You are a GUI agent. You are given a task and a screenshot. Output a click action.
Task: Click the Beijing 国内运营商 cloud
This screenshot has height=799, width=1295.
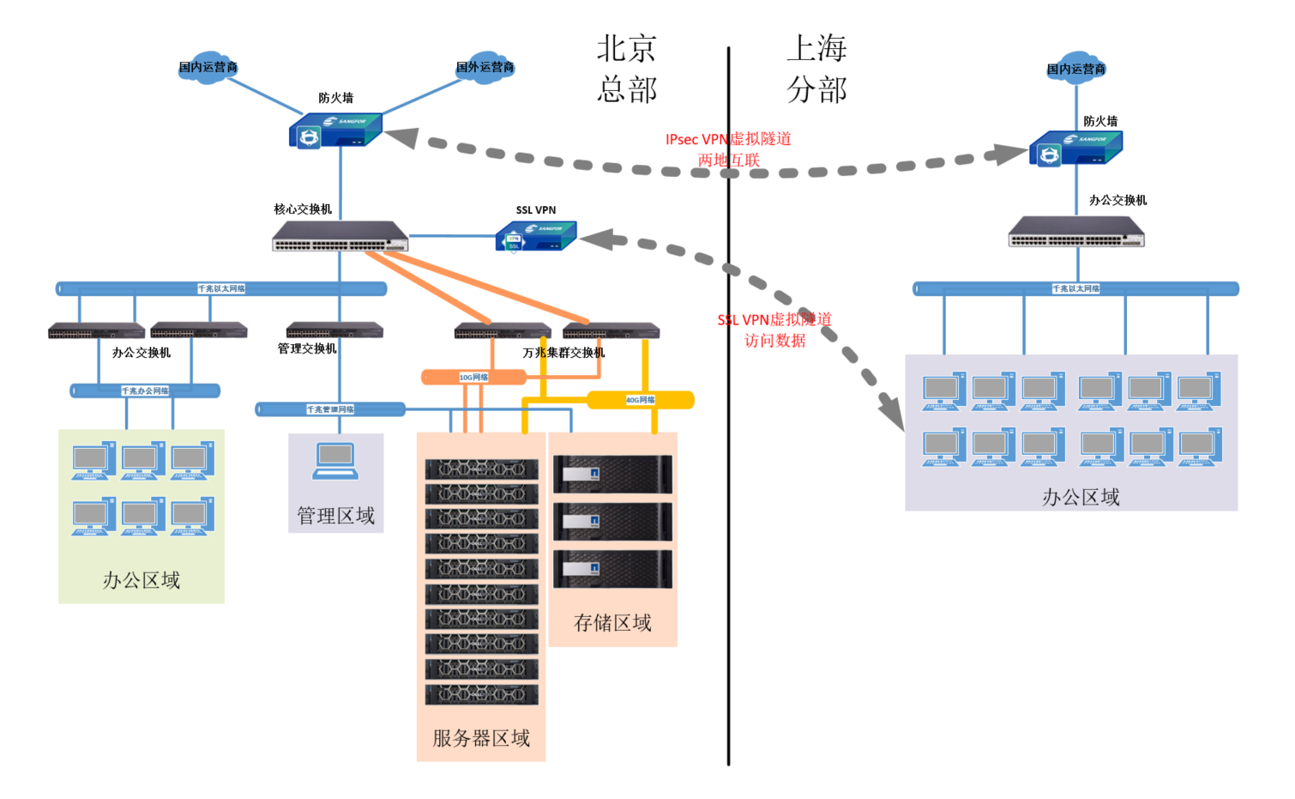pos(208,67)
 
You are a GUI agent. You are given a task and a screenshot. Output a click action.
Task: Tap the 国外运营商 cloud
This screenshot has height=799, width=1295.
pos(485,67)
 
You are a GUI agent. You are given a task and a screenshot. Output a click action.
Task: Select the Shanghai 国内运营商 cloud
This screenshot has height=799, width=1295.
pos(1076,69)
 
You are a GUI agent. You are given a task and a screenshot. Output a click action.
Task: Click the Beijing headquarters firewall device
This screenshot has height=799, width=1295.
pos(335,131)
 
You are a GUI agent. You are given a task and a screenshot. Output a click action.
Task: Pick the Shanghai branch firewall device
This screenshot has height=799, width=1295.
pos(1075,148)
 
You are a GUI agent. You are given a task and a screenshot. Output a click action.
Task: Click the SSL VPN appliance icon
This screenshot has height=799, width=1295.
pos(536,236)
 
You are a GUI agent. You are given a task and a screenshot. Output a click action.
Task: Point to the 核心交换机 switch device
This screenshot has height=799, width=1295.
pos(340,236)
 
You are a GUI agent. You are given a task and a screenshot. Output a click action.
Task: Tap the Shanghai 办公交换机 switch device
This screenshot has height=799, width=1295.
pos(1076,232)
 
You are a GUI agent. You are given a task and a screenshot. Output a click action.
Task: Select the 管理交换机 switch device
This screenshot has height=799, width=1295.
pos(334,330)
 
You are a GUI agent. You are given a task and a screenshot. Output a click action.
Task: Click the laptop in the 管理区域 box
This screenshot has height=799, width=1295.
pos(335,461)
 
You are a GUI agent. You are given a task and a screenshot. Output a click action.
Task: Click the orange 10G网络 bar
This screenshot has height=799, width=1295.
pos(473,377)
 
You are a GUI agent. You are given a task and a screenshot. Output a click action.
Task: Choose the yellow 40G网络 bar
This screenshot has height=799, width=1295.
pos(640,400)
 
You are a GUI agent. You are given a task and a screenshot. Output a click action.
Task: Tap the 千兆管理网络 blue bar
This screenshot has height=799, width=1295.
pos(330,409)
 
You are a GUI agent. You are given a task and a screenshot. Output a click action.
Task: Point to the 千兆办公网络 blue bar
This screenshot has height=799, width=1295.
pos(145,391)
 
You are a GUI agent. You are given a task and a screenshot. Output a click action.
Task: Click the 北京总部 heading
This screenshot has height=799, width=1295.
pos(627,69)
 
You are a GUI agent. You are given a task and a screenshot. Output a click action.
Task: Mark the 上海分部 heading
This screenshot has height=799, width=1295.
pos(817,69)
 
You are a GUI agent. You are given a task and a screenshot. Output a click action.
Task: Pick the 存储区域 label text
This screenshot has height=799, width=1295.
pos(612,622)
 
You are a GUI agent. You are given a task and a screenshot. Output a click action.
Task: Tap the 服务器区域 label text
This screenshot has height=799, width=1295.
pos(481,738)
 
